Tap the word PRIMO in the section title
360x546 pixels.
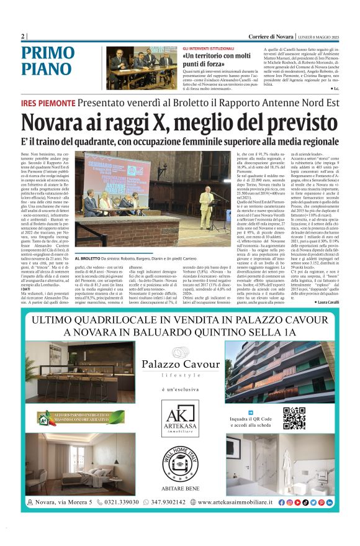click(x=48, y=54)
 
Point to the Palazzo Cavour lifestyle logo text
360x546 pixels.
click(x=180, y=367)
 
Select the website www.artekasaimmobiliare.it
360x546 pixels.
click(x=235, y=502)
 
